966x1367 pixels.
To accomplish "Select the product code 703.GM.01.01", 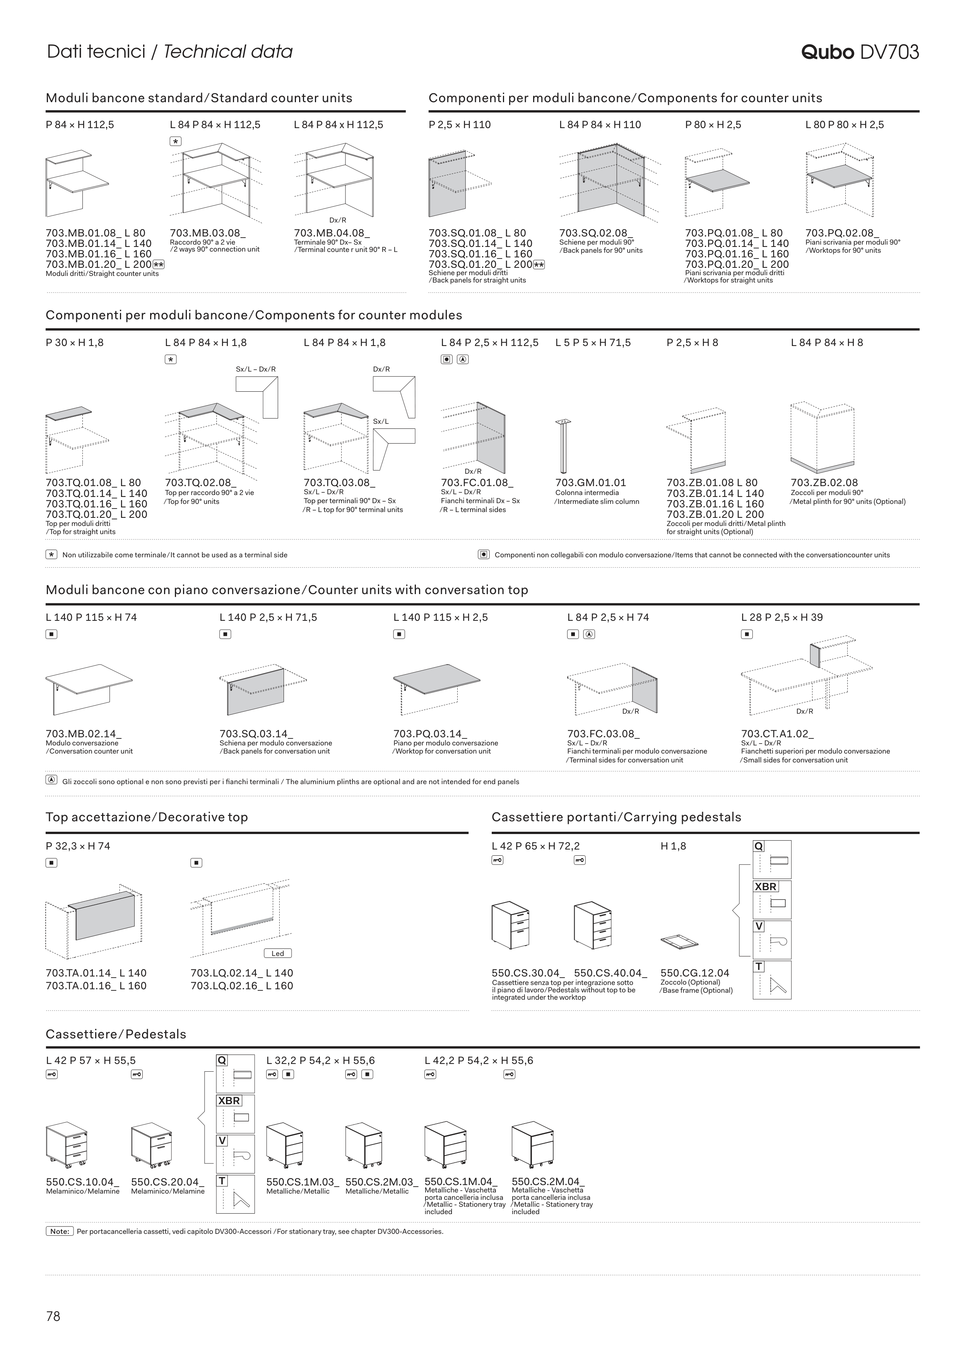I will pos(590,483).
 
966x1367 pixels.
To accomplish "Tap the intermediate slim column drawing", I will pos(563,447).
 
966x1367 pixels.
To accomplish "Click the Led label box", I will pos(278,953).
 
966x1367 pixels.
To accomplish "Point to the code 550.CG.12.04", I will pos(694,973).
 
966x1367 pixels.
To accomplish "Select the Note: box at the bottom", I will pos(60,1231).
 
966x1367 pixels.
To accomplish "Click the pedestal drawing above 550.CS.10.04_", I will pos(66,1145).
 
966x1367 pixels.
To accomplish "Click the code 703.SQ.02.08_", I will pos(596,233).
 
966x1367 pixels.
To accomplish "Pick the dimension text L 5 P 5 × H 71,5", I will pos(593,343).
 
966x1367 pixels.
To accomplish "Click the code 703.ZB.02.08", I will pos(824,483).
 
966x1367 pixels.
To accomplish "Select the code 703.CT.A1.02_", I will pos(777,734).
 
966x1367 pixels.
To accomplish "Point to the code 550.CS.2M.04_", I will pos(547,1182).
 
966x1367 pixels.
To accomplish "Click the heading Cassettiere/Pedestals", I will pos(116,1034).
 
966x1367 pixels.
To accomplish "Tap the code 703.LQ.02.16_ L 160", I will pos(242,985).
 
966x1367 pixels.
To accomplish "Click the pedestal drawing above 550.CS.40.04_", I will pos(592,926).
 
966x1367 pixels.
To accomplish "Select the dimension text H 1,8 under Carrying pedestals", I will pos(673,846).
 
